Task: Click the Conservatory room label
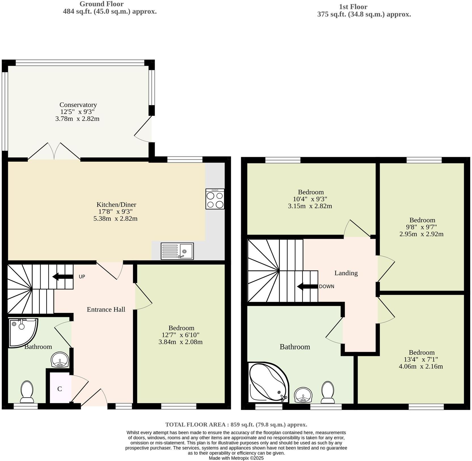pyautogui.click(x=78, y=105)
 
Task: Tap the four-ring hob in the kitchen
pyautogui.click(x=215, y=199)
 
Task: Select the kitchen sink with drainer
pyautogui.click(x=177, y=251)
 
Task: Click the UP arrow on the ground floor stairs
pyautogui.click(x=63, y=277)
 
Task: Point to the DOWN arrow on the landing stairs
pyautogui.click(x=307, y=286)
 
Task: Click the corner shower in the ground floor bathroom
pyautogui.click(x=22, y=332)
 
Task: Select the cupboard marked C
pyautogui.click(x=60, y=389)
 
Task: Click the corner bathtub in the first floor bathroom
pyautogui.click(x=267, y=382)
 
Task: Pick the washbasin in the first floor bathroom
pyautogui.click(x=303, y=395)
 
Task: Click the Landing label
pyautogui.click(x=346, y=273)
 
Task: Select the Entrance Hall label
pyautogui.click(x=106, y=310)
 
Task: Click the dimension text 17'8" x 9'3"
pyautogui.click(x=115, y=212)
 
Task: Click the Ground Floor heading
pyautogui.click(x=101, y=4)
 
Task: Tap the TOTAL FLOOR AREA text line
pyautogui.click(x=236, y=424)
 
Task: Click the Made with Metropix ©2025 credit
pyautogui.click(x=236, y=458)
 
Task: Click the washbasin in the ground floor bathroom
pyautogui.click(x=60, y=360)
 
